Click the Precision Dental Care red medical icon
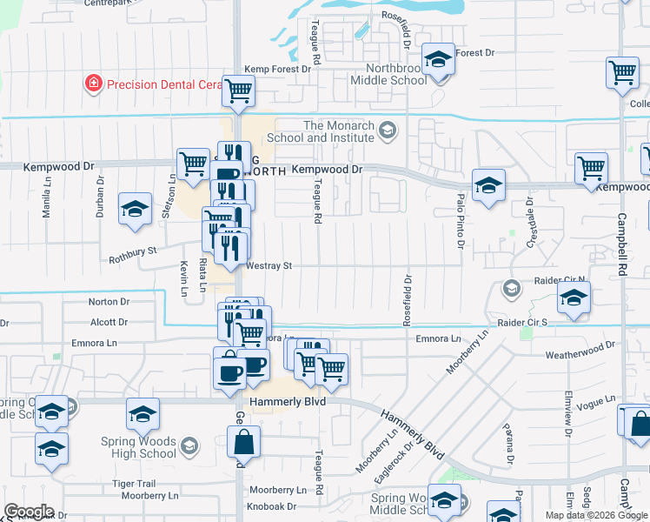point(92,84)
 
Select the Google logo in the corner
point(28,512)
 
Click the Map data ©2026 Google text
point(595,515)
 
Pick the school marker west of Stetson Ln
point(135,211)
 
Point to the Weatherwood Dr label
point(580,355)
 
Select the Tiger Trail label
point(134,483)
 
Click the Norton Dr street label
point(109,302)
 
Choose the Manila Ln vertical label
point(47,203)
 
